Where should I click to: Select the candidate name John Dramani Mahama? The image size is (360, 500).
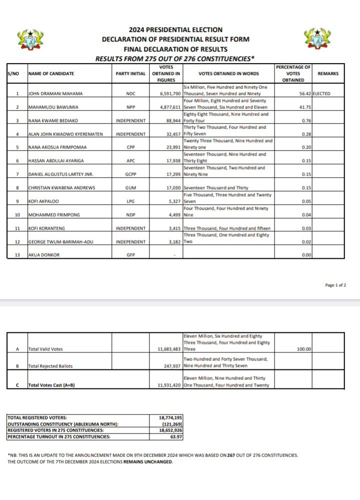coord(55,94)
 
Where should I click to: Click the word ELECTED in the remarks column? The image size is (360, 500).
coord(321,94)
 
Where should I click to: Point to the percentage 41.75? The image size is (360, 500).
coord(304,107)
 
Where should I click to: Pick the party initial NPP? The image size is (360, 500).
coord(130,107)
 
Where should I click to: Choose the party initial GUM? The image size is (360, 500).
coord(130,188)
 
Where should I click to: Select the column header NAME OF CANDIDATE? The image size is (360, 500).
coord(51,74)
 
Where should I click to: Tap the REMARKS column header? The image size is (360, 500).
coord(328,74)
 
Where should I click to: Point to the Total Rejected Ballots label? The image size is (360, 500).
coord(50,366)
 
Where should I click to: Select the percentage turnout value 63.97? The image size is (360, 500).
coord(175,436)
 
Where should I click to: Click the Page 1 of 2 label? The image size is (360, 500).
coord(335,285)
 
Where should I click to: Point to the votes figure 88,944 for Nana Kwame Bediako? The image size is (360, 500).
coord(172,121)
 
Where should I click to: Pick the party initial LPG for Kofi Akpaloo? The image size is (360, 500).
coord(130,202)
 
